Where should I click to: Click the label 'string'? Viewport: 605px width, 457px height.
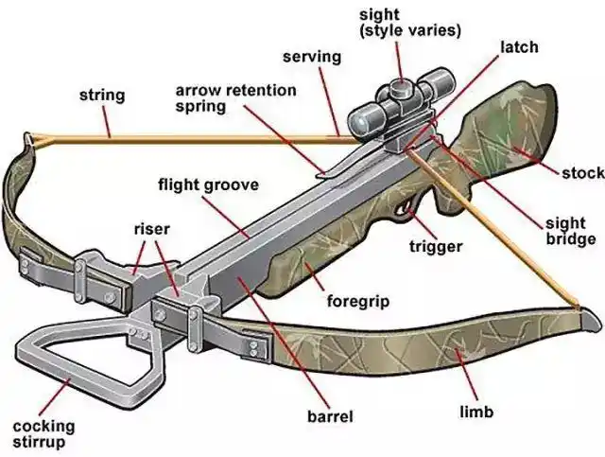click(x=101, y=96)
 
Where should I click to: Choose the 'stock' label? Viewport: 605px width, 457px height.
click(x=581, y=173)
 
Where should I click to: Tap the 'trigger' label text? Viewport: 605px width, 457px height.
click(x=435, y=247)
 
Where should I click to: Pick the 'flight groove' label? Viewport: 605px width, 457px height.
click(x=208, y=185)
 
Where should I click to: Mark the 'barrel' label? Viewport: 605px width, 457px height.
click(x=329, y=415)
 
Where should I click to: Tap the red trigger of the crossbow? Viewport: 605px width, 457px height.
click(x=408, y=205)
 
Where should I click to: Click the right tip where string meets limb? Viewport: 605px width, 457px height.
click(x=577, y=305)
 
